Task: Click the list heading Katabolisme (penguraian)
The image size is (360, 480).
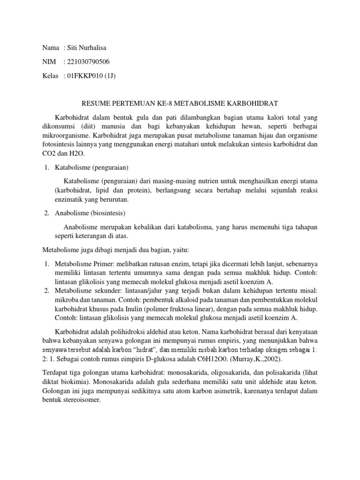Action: coord(92,166)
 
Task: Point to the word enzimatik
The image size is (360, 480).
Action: coord(69,200)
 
